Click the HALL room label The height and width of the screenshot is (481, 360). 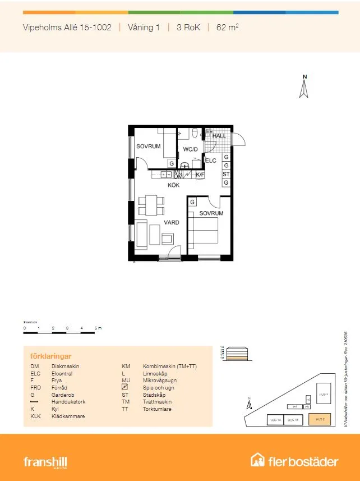pos(219,136)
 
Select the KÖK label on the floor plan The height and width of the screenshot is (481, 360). pos(174,185)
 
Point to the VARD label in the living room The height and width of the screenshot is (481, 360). pos(171,223)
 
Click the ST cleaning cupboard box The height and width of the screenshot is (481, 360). pos(226,175)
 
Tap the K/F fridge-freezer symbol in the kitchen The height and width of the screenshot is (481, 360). pos(200,175)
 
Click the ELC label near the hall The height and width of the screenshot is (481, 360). pos(211,161)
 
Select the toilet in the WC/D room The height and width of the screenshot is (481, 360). pos(194,134)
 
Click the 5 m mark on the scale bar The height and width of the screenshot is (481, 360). pos(96,328)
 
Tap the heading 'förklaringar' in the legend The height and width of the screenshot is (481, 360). pos(50,356)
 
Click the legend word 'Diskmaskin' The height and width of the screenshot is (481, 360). pos(65,366)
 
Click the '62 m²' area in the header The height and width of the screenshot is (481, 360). pos(227,27)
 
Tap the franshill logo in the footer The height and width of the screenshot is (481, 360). pos(45,462)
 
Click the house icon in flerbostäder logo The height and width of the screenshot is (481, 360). pos(258,461)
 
